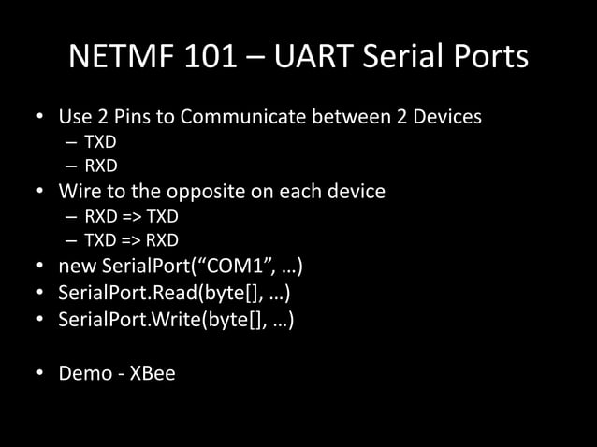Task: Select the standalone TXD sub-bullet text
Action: tap(100, 144)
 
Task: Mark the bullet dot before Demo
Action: tap(40, 374)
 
